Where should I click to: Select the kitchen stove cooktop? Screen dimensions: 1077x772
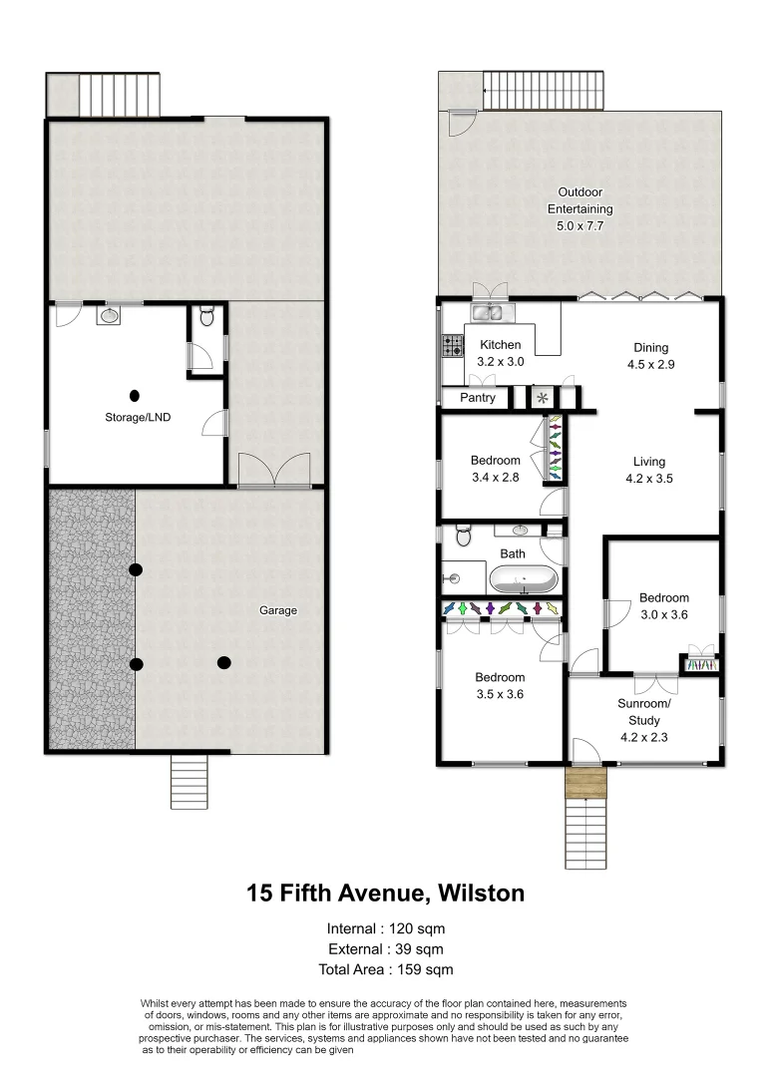point(453,346)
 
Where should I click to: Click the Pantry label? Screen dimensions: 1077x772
point(478,398)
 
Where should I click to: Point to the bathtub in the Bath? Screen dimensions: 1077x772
point(522,579)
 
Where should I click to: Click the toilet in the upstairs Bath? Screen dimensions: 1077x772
point(462,538)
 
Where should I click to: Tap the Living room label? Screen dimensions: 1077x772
point(648,470)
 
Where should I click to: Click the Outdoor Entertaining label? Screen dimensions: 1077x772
point(579,209)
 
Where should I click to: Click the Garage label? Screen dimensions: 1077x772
point(278,610)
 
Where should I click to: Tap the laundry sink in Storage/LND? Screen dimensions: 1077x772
point(110,316)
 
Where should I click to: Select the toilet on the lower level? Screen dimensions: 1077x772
point(207,317)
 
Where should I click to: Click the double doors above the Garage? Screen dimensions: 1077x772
point(274,468)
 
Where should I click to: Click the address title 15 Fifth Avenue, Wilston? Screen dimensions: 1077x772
point(385,893)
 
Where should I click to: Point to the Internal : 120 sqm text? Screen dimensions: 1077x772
point(385,928)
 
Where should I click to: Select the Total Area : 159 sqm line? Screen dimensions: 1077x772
point(385,968)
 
